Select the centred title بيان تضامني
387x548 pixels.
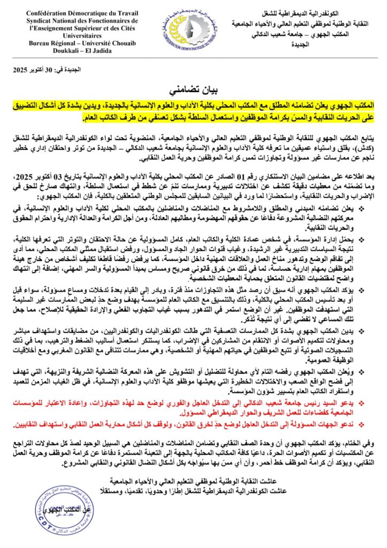tap(193, 85)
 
